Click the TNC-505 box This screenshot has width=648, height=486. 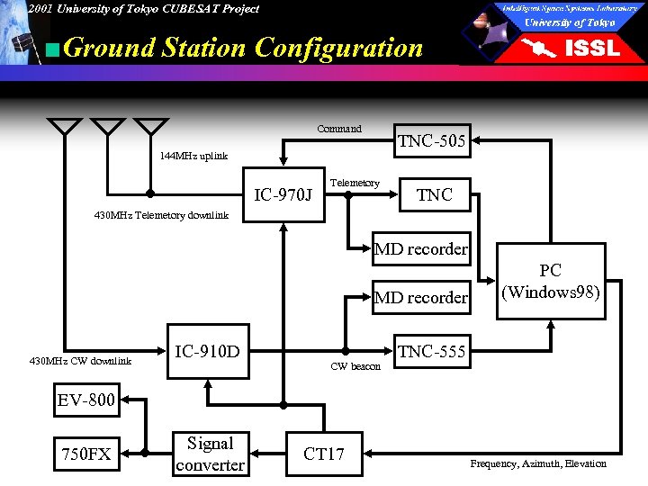coord(431,140)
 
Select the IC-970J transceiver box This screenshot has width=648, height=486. coord(283,194)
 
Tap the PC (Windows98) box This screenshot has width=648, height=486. coord(551,281)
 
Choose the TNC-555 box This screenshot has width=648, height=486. coord(431,352)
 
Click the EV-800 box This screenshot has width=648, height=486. coord(86,400)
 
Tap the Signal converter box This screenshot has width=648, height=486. coord(210,454)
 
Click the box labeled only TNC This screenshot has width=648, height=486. coord(434,194)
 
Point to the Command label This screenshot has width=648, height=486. coord(339,130)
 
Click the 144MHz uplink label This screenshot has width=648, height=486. coord(193,156)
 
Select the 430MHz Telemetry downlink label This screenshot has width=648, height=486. coord(162,215)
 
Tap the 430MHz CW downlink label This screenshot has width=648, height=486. coord(80,362)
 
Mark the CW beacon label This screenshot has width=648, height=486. coord(355,366)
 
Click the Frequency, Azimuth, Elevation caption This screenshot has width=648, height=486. coord(538,463)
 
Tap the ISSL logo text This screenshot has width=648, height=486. coord(591,49)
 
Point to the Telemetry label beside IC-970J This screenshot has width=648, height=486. coord(355,183)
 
